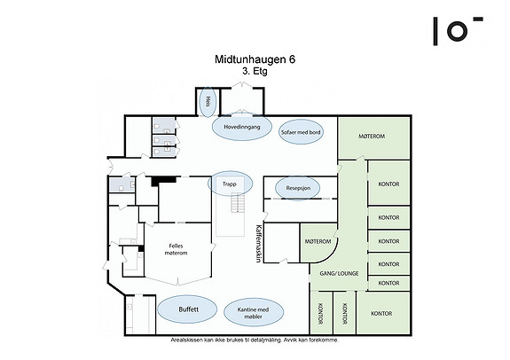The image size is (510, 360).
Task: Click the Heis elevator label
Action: pyautogui.click(x=208, y=102)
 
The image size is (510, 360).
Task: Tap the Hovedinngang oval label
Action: pyautogui.click(x=241, y=127)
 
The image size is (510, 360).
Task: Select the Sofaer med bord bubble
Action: pyautogui.click(x=301, y=132)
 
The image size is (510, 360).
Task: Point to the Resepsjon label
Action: pyautogui.click(x=298, y=188)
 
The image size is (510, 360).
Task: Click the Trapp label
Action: pyautogui.click(x=230, y=184)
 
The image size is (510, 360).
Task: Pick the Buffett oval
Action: pyautogui.click(x=187, y=309)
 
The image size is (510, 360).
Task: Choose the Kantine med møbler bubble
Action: pyautogui.click(x=254, y=312)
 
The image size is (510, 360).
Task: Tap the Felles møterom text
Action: pyautogui.click(x=176, y=249)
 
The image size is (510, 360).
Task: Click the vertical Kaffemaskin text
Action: pyautogui.click(x=259, y=243)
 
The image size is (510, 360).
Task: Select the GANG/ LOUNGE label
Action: pyautogui.click(x=339, y=273)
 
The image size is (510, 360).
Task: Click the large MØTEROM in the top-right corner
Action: pyautogui.click(x=372, y=137)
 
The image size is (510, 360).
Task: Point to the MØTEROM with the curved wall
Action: pyautogui.click(x=318, y=241)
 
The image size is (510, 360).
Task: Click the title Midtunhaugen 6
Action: pyautogui.click(x=255, y=59)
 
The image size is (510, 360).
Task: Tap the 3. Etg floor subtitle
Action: pyautogui.click(x=255, y=71)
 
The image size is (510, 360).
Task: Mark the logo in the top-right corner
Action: pyautogui.click(x=458, y=31)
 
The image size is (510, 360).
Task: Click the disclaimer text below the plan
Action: pyautogui.click(x=255, y=340)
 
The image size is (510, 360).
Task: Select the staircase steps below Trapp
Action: pyautogui.click(x=238, y=202)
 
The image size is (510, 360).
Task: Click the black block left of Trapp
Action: pyautogui.click(x=163, y=181)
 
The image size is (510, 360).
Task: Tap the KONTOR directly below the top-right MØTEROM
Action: pyautogui.click(x=388, y=184)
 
